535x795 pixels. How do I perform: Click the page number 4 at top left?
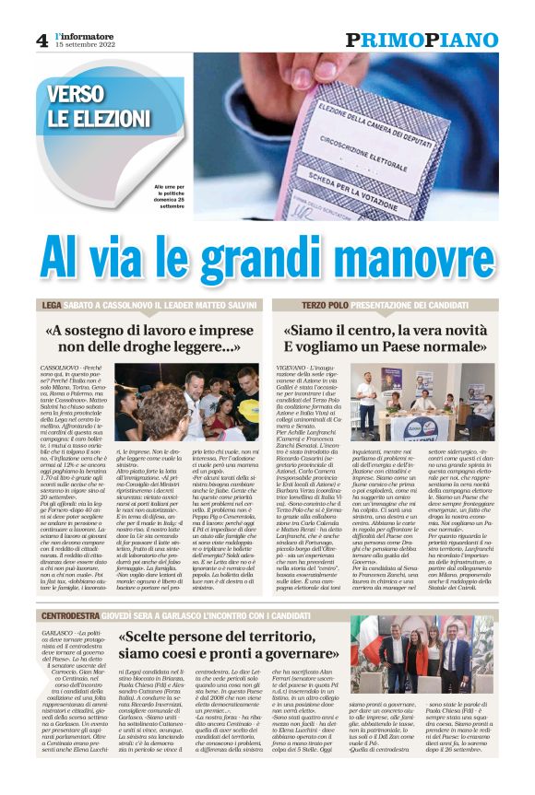pos(42,39)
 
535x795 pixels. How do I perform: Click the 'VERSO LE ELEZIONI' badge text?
pos(89,106)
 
